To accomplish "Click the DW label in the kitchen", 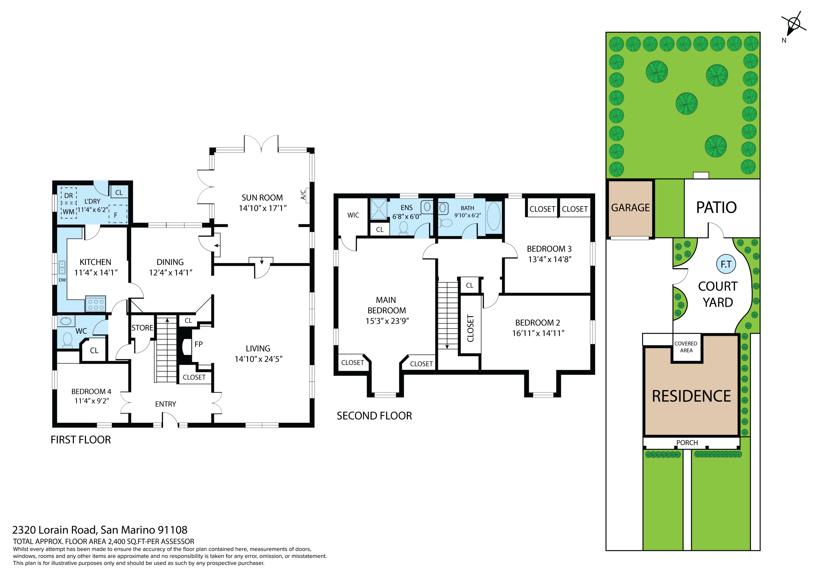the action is [62, 280].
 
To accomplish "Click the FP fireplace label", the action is [198, 344].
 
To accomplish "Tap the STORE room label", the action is [142, 328].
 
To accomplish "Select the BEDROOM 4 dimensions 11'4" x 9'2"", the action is [92, 401].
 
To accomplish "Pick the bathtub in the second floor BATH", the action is [493, 217].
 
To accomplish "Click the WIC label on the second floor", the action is [353, 215].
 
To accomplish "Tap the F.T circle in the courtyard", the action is [726, 264].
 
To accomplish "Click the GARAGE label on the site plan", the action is [631, 207].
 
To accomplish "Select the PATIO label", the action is [716, 207].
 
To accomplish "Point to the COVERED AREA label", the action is [686, 347].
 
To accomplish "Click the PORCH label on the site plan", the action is [687, 443].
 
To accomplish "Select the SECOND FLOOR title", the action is [374, 416].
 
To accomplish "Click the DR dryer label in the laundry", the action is [68, 196].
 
